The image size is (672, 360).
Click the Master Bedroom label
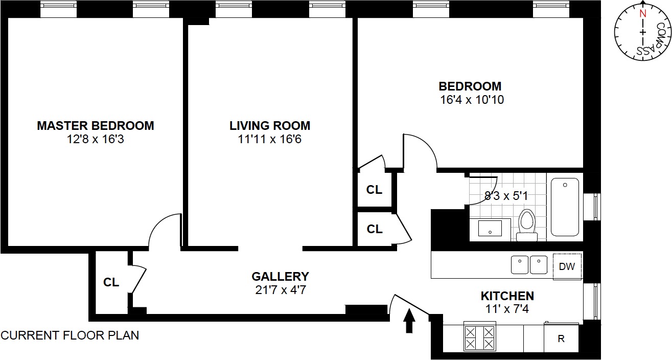click(x=95, y=125)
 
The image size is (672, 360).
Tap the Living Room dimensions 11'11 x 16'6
click(x=269, y=139)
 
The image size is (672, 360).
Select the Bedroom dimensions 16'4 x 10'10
click(x=472, y=100)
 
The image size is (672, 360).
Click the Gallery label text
click(x=280, y=277)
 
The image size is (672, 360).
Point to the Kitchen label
click(x=507, y=296)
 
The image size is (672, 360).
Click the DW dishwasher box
click(x=567, y=266)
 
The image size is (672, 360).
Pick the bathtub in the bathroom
click(x=565, y=207)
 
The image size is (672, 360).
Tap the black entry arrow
click(x=409, y=322)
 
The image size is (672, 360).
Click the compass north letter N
click(x=643, y=14)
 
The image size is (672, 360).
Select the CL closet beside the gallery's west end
click(x=111, y=282)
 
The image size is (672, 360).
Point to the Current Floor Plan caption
click(x=69, y=336)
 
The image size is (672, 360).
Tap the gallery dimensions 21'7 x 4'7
click(x=280, y=290)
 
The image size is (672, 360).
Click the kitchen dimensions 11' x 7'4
click(x=507, y=309)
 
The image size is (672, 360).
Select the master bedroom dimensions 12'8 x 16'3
click(x=95, y=139)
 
